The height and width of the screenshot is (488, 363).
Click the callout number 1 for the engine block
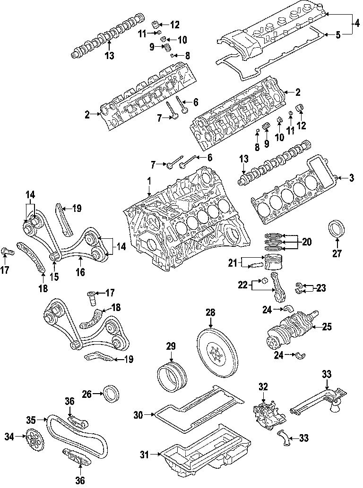tap(149, 180)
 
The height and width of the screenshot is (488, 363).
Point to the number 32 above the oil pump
tap(263, 387)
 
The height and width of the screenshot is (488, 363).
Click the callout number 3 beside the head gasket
tap(352, 178)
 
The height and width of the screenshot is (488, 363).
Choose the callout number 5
tap(338, 35)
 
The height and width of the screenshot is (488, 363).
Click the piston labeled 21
tap(273, 262)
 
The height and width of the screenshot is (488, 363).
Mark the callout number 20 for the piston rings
tap(307, 242)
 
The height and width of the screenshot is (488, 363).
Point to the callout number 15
tap(54, 277)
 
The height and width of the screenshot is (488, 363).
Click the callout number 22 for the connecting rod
tap(243, 285)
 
